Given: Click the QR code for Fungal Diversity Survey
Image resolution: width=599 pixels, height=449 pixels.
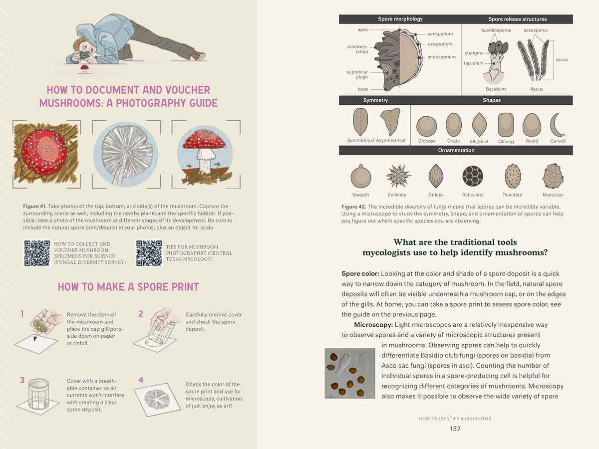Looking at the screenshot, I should point(36,253).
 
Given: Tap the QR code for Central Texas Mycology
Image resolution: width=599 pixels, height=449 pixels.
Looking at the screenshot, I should point(149,253).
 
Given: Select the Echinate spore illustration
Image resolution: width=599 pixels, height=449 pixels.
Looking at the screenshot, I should point(398,176).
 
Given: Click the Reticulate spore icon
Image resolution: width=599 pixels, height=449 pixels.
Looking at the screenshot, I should point(472,176).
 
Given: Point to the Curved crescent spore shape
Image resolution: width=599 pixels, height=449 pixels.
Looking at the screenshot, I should point(557,125).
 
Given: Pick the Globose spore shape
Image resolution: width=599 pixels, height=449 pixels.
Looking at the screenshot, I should point(427,126).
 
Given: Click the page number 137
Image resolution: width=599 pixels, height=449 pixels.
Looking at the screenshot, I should point(455,429).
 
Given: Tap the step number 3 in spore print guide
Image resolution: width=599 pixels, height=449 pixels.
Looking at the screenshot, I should point(22,380).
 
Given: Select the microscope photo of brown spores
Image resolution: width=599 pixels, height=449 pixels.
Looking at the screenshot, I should point(349,373).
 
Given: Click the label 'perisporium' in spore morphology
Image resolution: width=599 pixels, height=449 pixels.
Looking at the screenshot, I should point(440,34).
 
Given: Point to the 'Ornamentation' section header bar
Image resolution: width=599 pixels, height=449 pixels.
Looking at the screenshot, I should point(455,150).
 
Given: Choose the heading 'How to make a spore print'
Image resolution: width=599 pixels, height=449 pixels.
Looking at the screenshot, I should point(128,287).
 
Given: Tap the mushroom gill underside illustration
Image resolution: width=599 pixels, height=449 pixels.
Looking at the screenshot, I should point(125,154).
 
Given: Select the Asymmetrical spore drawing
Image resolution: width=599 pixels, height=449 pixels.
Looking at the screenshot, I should point(390,122).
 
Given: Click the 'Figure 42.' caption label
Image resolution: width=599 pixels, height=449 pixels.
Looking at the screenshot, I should point(353,207).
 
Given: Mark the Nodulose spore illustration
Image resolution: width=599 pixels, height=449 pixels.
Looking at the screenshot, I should point(553,176).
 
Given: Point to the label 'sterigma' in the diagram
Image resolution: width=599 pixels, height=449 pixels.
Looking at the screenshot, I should point(474,53).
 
